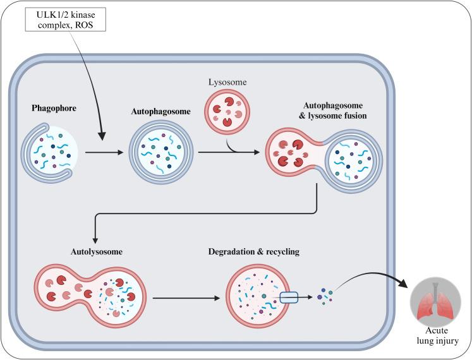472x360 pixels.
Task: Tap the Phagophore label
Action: click(x=54, y=107)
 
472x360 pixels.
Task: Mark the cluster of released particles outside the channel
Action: click(x=326, y=294)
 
